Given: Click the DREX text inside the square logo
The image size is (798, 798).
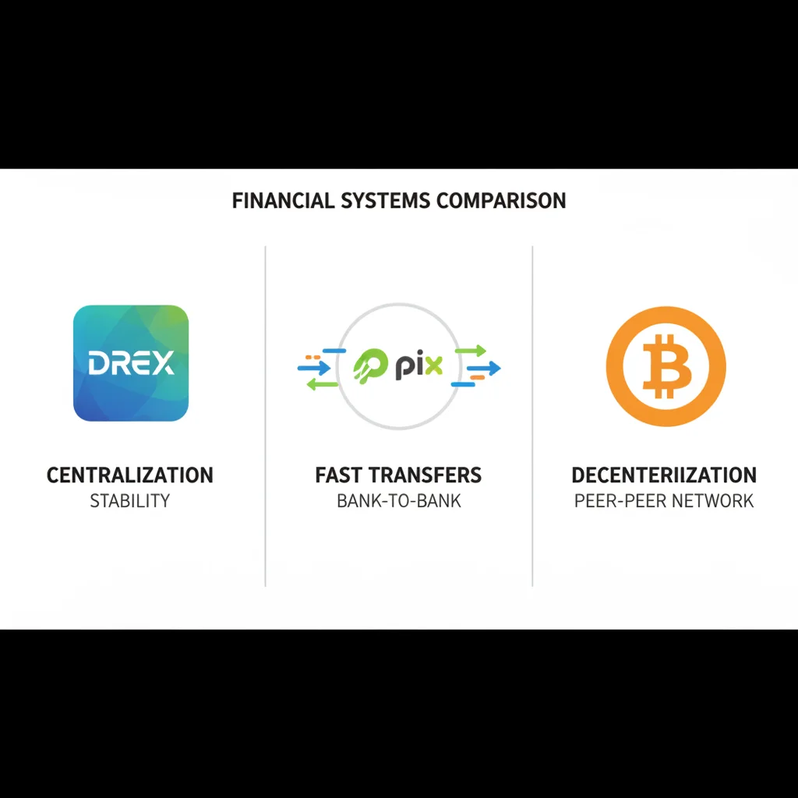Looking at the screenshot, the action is [131, 363].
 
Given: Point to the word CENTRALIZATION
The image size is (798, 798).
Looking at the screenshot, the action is [130, 475].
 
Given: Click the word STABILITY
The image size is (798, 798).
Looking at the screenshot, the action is [130, 500].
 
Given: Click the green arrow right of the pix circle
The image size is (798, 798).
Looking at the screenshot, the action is [471, 351].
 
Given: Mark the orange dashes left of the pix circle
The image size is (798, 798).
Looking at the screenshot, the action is [314, 357].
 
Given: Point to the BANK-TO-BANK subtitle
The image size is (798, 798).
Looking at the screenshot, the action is [399, 500].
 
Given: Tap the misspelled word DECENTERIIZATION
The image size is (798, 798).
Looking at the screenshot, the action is [664, 475].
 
